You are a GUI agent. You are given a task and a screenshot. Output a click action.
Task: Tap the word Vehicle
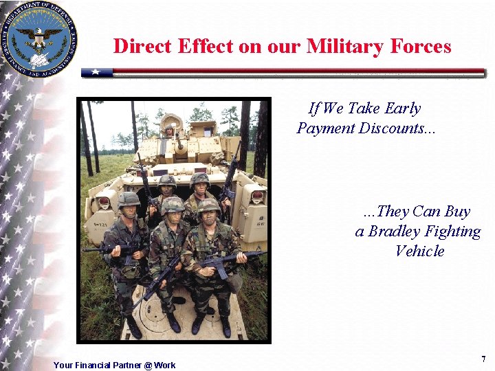coord(419,251)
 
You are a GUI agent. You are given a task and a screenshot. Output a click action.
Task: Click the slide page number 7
coord(483,359)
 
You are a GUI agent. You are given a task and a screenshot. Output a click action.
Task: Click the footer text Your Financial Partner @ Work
coord(114,365)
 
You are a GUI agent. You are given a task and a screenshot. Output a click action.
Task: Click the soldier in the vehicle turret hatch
coord(169,130)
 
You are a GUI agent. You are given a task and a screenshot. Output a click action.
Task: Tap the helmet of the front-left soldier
coord(128,199)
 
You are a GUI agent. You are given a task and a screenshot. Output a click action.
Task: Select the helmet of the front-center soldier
coord(173,204)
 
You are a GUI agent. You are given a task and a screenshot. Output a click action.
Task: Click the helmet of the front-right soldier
coord(208,204)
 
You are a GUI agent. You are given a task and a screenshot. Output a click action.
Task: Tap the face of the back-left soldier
coord(167,189)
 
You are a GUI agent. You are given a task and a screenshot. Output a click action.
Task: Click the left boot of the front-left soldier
coord(134,328)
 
